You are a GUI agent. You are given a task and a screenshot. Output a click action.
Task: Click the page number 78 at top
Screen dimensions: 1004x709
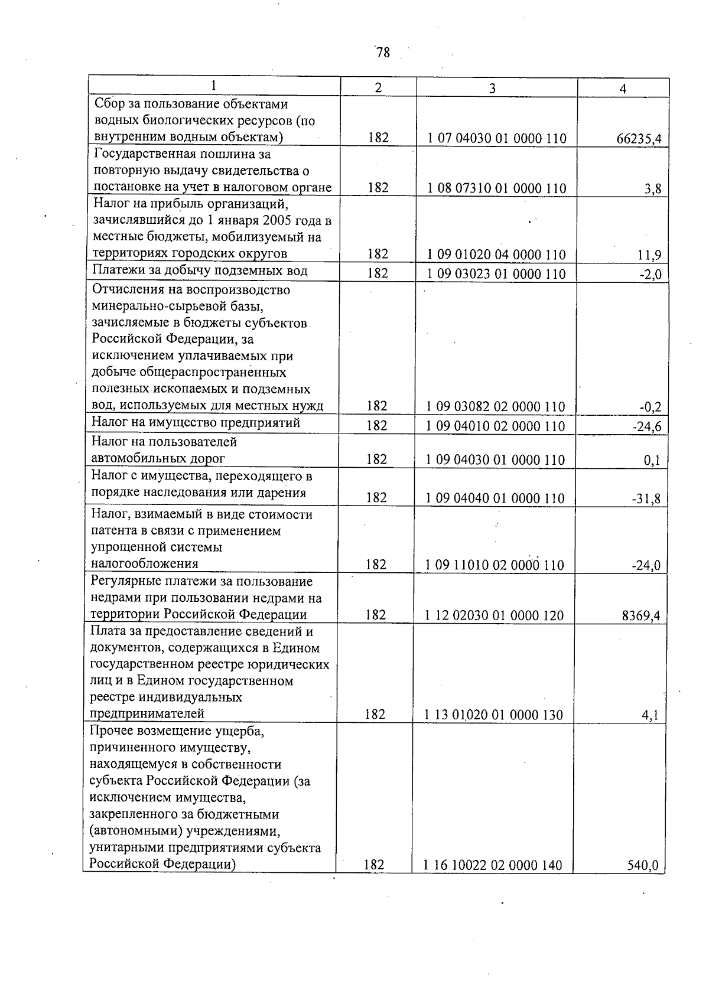click(x=383, y=53)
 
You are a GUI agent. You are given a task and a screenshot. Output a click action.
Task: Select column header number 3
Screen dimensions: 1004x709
click(x=492, y=88)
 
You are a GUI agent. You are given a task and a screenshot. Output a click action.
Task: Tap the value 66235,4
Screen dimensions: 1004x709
click(x=639, y=139)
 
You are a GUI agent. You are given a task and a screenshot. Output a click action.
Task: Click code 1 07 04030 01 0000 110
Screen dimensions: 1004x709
click(x=496, y=139)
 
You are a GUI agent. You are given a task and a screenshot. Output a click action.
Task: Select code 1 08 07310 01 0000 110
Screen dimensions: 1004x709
click(x=496, y=188)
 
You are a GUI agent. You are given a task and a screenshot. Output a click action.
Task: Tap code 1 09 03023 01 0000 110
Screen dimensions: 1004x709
click(x=496, y=273)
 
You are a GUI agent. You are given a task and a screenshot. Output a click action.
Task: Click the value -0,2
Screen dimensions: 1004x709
click(x=649, y=407)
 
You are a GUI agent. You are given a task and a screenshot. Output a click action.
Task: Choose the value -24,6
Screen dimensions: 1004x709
click(x=647, y=426)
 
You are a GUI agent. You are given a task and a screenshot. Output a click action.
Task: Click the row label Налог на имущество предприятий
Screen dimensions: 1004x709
click(x=196, y=423)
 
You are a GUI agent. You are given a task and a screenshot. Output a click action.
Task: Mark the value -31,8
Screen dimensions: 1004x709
click(x=646, y=499)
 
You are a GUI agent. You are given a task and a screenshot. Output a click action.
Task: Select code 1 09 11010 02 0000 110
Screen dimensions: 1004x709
click(x=495, y=565)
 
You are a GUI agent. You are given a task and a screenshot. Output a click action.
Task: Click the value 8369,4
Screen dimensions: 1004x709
click(x=640, y=616)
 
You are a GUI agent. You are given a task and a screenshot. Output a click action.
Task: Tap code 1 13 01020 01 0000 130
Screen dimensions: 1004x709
click(x=493, y=715)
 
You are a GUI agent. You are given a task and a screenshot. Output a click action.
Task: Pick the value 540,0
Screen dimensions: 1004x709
click(x=643, y=866)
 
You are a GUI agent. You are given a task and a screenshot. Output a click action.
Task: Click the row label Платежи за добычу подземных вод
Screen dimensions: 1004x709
click(x=200, y=271)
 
